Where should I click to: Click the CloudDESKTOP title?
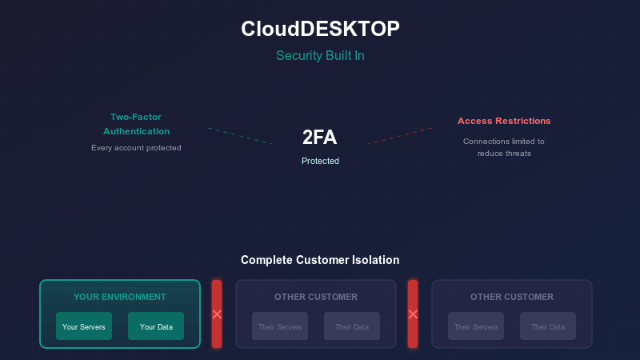(320, 29)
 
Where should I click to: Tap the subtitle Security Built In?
(320, 55)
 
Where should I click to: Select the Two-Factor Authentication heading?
(136, 123)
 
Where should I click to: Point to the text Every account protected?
(136, 147)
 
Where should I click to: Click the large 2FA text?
(320, 138)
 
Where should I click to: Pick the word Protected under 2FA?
(320, 161)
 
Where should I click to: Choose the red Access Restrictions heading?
(504, 121)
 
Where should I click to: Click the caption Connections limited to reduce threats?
(504, 147)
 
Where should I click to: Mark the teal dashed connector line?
(240, 136)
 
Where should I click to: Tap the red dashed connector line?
(400, 136)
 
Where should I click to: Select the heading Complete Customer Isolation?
(320, 260)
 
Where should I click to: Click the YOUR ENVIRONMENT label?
(120, 297)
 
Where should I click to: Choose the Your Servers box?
(84, 326)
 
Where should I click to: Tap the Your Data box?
(156, 326)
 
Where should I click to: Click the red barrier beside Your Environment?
(217, 314)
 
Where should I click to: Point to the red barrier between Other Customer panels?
(413, 314)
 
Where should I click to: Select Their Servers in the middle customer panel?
(280, 326)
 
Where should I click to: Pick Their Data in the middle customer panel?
(352, 326)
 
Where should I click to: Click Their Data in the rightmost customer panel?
(548, 326)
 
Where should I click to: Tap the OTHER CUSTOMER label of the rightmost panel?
(512, 297)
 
